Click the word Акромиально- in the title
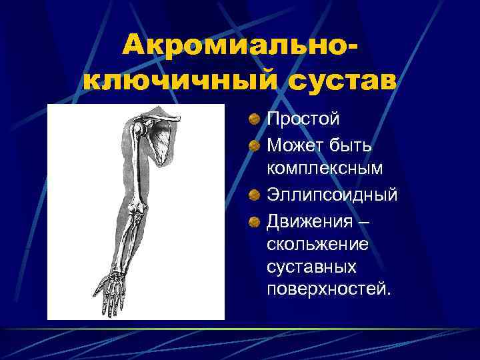pos(237,47)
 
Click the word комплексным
pos(325,169)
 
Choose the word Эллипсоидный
pos(332,195)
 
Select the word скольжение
pos(317,244)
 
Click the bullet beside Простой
pos(255,120)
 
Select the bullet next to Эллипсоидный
pos(255,195)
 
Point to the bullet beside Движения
pos(255,221)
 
